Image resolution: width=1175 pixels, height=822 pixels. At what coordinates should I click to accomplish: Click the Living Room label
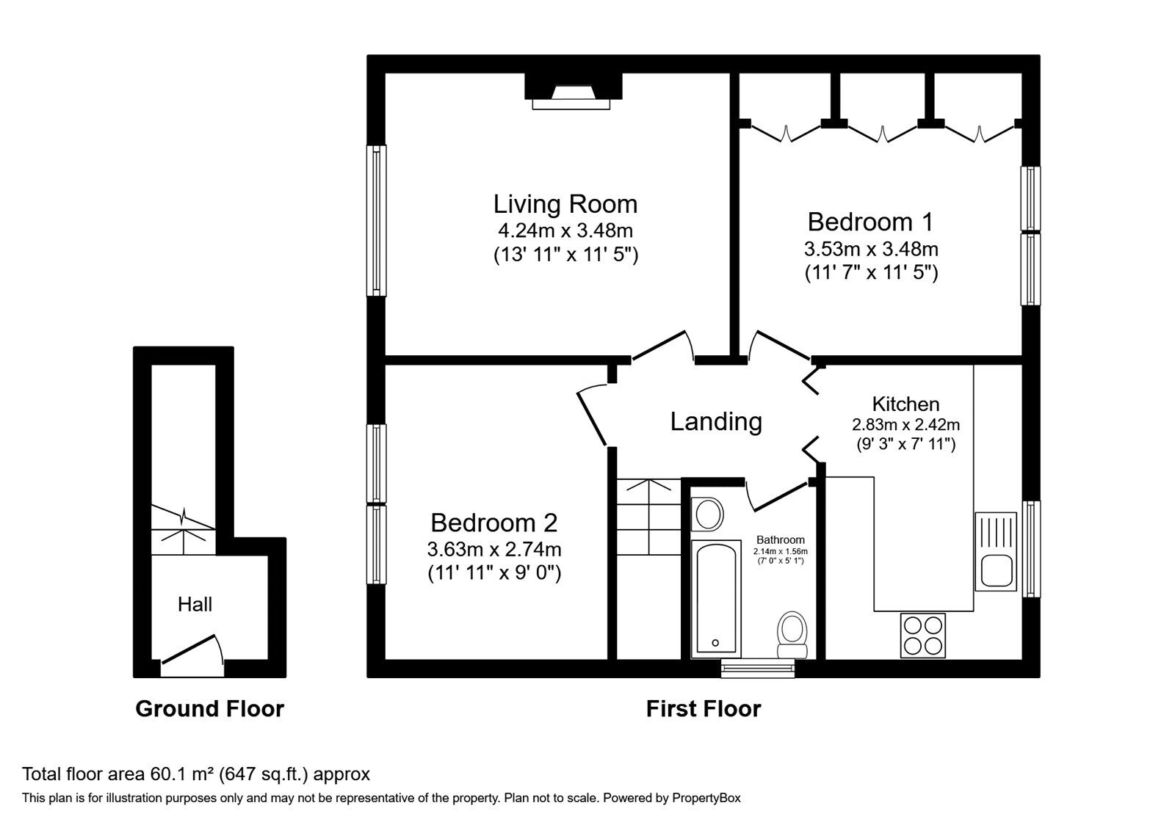pyautogui.click(x=565, y=203)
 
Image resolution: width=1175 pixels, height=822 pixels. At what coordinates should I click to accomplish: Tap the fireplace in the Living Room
pyautogui.click(x=572, y=92)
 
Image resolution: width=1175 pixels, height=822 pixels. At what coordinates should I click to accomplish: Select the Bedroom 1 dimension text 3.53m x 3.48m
pyautogui.click(x=871, y=248)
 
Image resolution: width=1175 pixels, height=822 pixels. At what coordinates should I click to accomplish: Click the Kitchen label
pyautogui.click(x=905, y=404)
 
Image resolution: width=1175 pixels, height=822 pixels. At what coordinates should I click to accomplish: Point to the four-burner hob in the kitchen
pyautogui.click(x=923, y=635)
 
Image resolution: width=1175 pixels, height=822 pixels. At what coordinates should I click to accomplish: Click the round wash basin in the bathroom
pyautogui.click(x=708, y=514)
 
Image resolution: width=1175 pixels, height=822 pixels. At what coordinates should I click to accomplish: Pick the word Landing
pyautogui.click(x=716, y=421)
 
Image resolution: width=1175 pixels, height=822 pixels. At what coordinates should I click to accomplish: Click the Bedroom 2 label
pyautogui.click(x=493, y=523)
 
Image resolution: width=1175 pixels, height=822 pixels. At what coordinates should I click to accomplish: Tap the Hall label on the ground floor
pyautogui.click(x=195, y=604)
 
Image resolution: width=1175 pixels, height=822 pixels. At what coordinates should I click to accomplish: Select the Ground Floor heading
pyautogui.click(x=209, y=708)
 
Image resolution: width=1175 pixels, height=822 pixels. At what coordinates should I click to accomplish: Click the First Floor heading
pyautogui.click(x=703, y=708)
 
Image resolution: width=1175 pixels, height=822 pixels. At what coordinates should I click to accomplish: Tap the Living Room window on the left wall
pyautogui.click(x=377, y=220)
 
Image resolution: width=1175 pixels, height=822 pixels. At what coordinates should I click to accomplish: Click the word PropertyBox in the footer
pyautogui.click(x=706, y=798)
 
